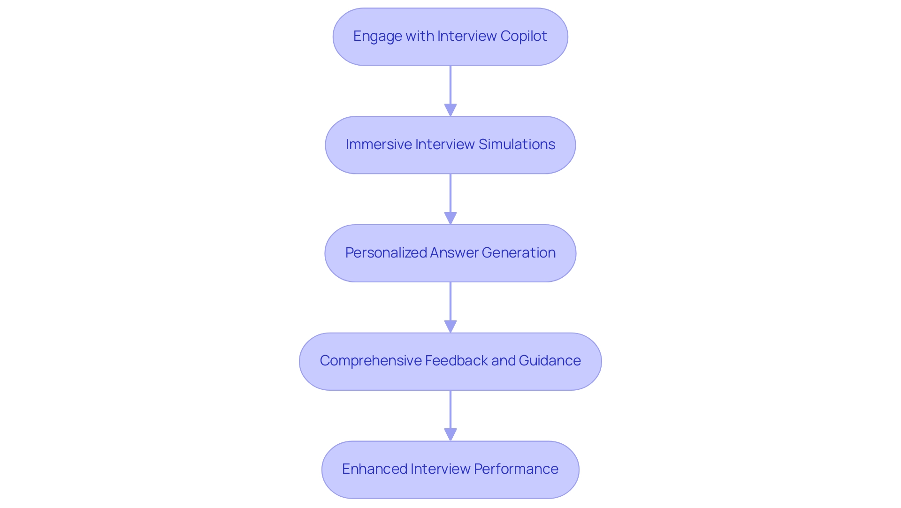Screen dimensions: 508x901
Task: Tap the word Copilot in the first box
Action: pyautogui.click(x=523, y=36)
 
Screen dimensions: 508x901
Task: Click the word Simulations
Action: pyautogui.click(x=517, y=144)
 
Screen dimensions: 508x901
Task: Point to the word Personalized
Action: pyautogui.click(x=386, y=253)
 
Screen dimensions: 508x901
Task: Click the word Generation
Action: pyautogui.click(x=519, y=253)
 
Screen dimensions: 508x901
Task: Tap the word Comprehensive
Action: pyautogui.click(x=370, y=361)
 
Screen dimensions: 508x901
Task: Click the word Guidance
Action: pyautogui.click(x=550, y=361)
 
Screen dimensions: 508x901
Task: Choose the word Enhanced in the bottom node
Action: pyautogui.click(x=374, y=469)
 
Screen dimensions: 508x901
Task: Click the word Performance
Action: pyautogui.click(x=516, y=469)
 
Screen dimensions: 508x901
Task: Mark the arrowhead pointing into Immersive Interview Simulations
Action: pyautogui.click(x=450, y=110)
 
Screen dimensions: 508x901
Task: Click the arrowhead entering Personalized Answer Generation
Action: pyautogui.click(x=450, y=218)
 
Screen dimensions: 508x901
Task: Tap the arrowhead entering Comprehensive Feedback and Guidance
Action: pyautogui.click(x=450, y=326)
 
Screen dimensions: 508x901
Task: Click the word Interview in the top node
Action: pyautogui.click(x=467, y=36)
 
